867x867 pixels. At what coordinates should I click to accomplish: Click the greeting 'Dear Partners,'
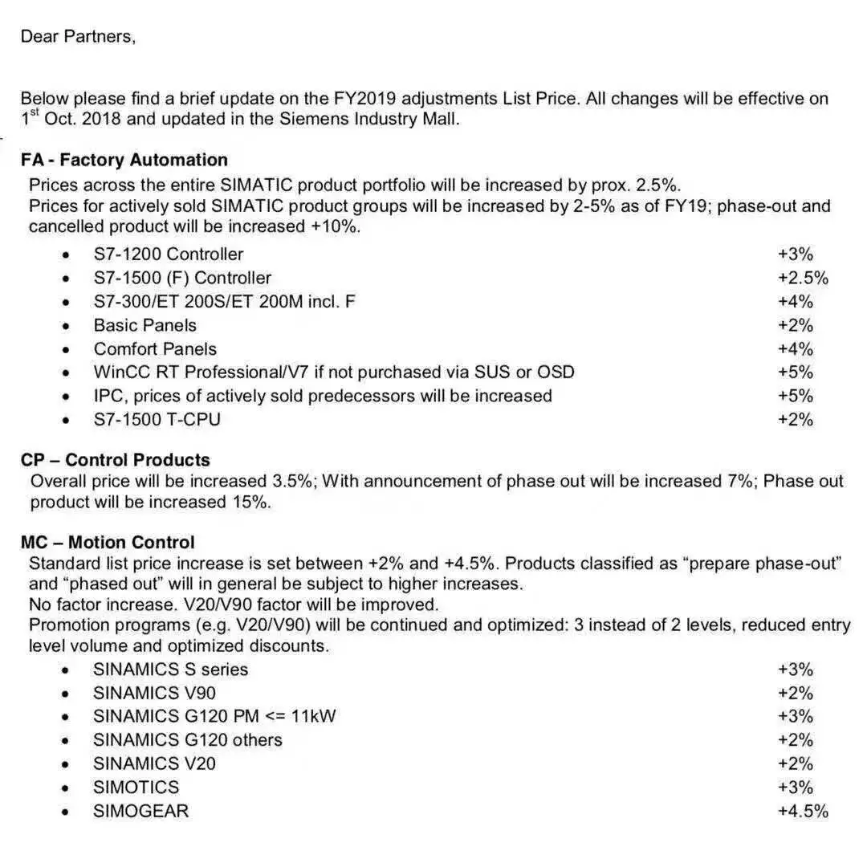[x=78, y=36]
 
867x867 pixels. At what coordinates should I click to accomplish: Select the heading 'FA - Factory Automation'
[x=124, y=160]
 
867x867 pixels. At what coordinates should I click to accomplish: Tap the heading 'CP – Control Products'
[x=116, y=460]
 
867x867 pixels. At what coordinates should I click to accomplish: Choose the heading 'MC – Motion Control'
[x=108, y=543]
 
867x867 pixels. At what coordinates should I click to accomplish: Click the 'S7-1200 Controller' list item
[x=169, y=254]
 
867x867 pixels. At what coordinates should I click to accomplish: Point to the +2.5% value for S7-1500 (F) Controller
[x=803, y=279]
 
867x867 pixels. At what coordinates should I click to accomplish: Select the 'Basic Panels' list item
[x=144, y=325]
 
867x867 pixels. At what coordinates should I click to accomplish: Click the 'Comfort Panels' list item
[x=155, y=349]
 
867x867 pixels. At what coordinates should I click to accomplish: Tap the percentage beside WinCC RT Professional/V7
[x=795, y=372]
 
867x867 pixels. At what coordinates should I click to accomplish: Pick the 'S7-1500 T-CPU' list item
[x=157, y=419]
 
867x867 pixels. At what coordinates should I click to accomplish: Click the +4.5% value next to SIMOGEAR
[x=803, y=811]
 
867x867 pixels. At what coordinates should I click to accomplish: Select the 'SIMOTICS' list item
[x=136, y=787]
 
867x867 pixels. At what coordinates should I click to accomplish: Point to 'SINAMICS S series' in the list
[x=170, y=670]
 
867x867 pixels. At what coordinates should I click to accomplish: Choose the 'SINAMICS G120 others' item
[x=188, y=739]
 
